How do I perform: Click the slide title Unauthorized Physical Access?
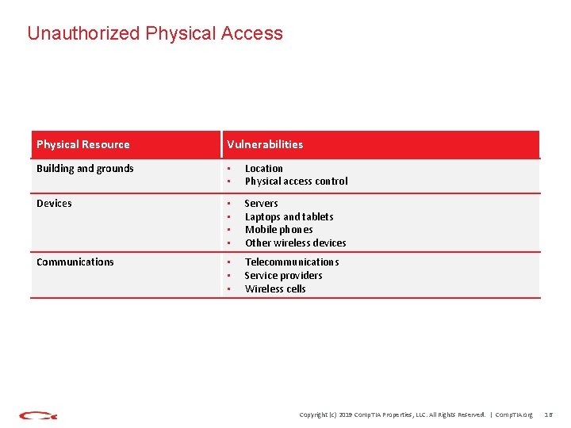155,33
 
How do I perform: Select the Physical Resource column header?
83,144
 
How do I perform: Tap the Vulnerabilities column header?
265,144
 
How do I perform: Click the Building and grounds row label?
85,168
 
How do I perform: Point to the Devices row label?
54,204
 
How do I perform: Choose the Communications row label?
75,262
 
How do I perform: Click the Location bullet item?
264,168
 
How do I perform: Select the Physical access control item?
296,182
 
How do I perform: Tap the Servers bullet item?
261,204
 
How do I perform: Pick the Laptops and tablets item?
289,216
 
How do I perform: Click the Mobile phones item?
278,230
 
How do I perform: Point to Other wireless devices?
295,243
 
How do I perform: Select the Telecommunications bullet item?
291,262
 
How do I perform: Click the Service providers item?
283,276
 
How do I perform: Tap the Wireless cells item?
275,289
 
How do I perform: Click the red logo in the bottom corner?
38,415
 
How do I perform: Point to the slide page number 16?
548,415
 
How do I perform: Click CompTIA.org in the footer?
514,415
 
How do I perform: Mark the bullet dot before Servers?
228,204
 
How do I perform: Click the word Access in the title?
252,33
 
